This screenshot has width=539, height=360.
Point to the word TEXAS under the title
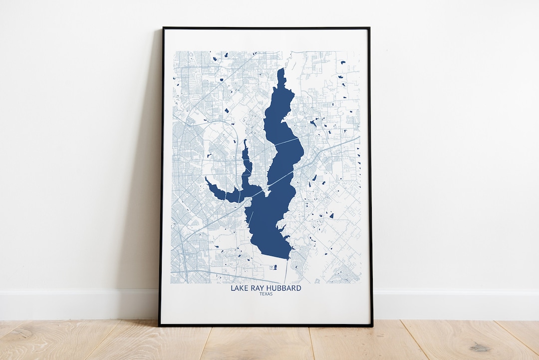pyautogui.click(x=266, y=295)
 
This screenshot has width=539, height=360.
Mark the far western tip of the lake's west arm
pyautogui.click(x=206, y=178)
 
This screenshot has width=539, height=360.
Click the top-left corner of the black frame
pyautogui.click(x=163, y=28)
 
